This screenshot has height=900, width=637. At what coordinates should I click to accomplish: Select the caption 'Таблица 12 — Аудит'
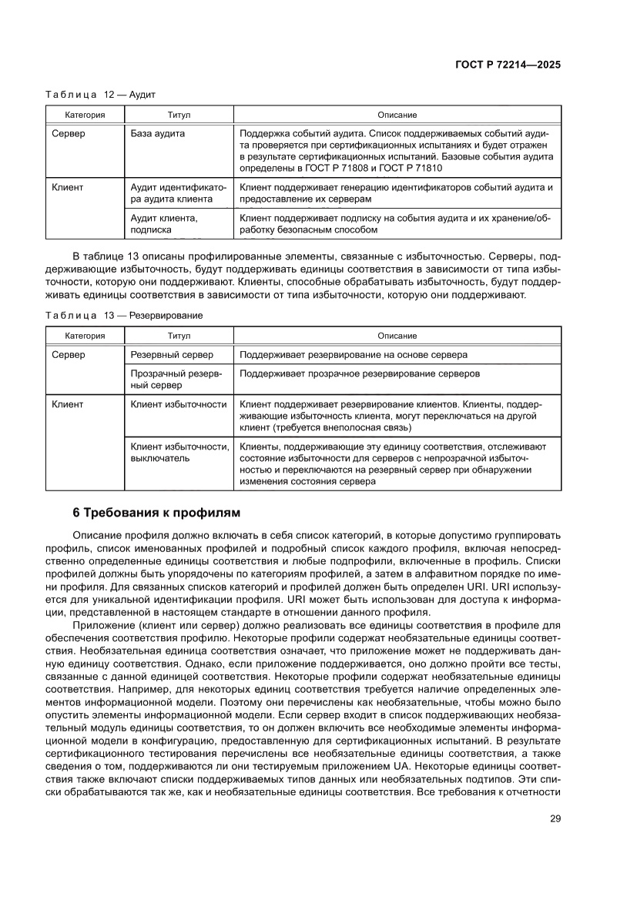point(100,95)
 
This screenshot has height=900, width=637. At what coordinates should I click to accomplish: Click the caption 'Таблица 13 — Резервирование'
point(124,316)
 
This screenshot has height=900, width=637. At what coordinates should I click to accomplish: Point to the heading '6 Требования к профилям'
point(156,513)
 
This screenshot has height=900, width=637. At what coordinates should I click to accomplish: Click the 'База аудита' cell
point(158,133)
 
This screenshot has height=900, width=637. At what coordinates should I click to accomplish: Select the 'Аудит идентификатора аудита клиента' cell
point(178,192)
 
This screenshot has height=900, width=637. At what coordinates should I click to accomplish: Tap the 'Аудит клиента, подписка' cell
point(164,223)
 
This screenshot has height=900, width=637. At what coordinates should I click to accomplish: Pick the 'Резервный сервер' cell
point(172,355)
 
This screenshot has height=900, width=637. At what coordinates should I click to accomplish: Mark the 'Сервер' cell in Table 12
point(68,133)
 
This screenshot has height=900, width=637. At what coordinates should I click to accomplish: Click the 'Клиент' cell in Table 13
point(67,403)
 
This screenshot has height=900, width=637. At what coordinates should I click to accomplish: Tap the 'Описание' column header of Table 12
point(397,115)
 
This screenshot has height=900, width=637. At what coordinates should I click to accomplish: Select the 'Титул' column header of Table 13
point(179,336)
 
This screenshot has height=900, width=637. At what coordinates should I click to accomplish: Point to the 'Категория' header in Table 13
point(85,336)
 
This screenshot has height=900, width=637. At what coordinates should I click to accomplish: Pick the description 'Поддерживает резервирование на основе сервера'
point(354,355)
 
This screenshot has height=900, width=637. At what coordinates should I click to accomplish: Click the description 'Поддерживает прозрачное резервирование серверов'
point(360,373)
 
